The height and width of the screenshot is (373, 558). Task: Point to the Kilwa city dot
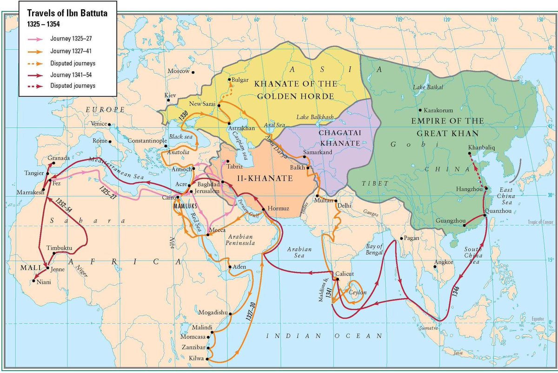click(207, 359)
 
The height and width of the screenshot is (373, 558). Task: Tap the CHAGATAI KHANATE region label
click(340, 137)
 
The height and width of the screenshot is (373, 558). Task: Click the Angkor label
click(443, 262)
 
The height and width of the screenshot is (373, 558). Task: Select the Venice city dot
click(109, 124)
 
